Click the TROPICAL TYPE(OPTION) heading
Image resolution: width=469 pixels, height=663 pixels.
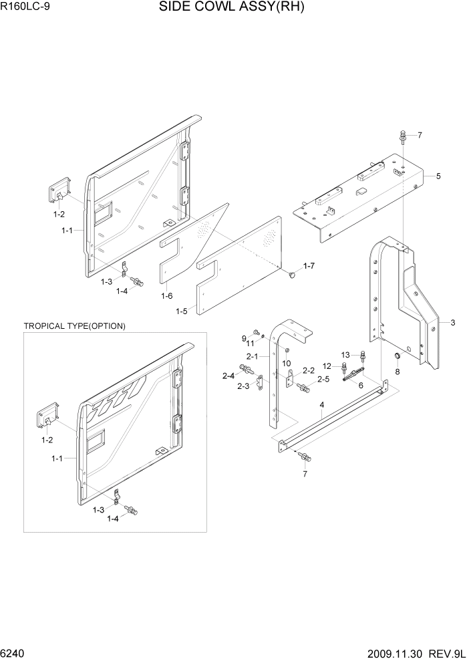(74, 326)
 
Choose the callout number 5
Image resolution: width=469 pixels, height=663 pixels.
(438, 176)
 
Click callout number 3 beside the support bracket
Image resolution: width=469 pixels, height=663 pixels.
(452, 323)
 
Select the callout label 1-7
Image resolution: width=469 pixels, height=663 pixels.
(309, 266)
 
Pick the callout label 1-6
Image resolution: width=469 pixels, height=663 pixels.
(166, 295)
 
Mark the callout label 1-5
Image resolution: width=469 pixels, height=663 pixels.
(181, 311)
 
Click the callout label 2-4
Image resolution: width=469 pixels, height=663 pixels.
(228, 376)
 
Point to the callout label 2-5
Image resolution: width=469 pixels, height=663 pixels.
(323, 380)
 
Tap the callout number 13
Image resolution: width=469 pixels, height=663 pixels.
(345, 354)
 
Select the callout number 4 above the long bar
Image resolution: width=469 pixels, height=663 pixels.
(321, 405)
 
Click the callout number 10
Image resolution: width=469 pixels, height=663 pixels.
(287, 363)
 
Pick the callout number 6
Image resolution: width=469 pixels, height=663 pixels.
(361, 385)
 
